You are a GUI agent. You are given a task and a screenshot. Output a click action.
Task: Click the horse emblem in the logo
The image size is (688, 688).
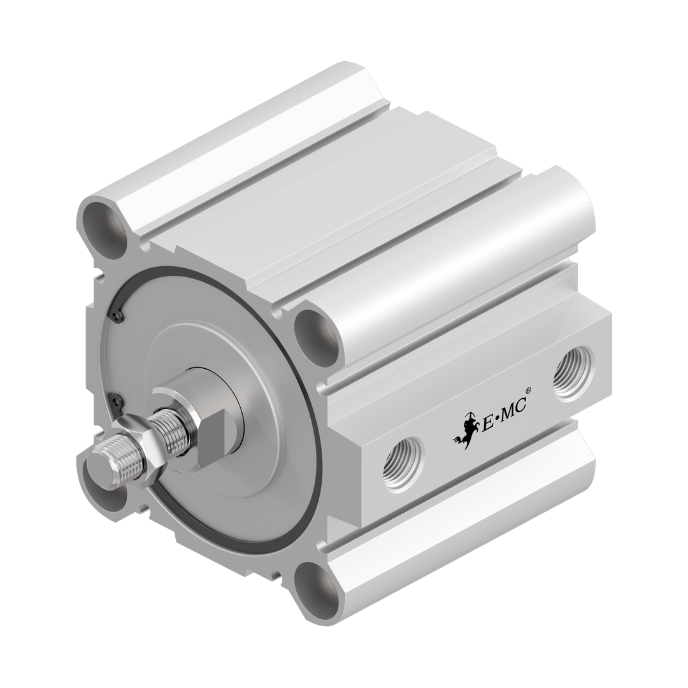(466, 429)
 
